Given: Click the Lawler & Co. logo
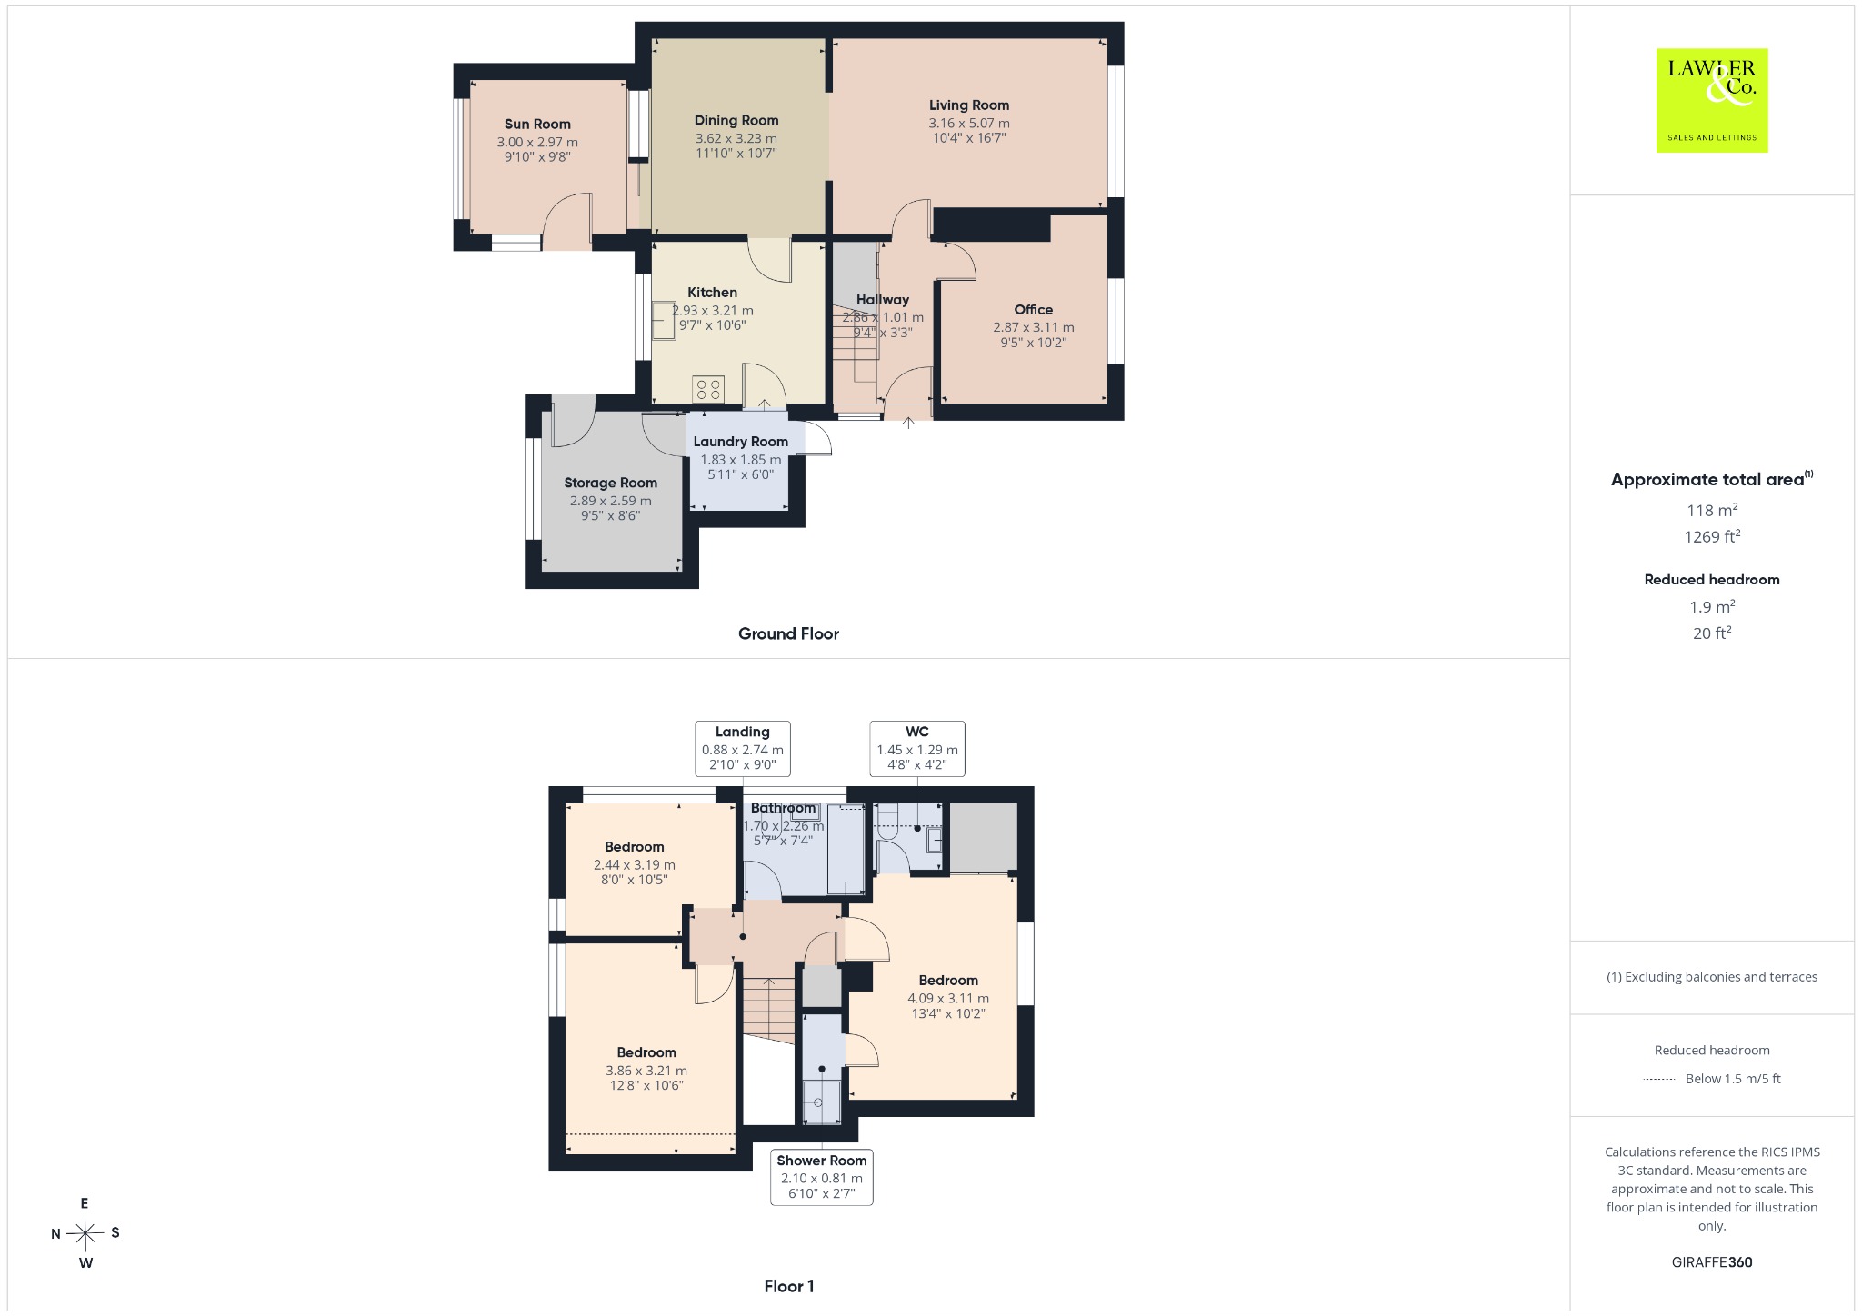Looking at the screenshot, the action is click(1712, 100).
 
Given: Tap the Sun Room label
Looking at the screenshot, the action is click(537, 125).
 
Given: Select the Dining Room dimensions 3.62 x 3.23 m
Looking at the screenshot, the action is click(736, 139).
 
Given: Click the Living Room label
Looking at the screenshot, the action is click(969, 105).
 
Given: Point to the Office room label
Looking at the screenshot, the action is click(1034, 310).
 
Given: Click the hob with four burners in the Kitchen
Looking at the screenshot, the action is click(708, 390).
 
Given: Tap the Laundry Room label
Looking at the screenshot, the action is click(741, 442).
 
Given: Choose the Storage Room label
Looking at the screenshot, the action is click(611, 484).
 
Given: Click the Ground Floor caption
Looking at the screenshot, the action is click(788, 634).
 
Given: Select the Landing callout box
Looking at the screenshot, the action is click(743, 749).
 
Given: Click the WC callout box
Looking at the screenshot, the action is click(917, 749).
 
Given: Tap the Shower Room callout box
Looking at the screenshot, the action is click(822, 1178).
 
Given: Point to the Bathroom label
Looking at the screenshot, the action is click(784, 808).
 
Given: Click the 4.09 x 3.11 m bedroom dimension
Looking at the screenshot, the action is click(948, 999).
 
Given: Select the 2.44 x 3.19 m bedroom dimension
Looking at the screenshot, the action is click(635, 865).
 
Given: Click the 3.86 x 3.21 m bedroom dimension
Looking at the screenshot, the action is click(646, 1072).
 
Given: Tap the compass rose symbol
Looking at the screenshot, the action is click(85, 1233).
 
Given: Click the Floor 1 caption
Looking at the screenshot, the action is click(789, 1287).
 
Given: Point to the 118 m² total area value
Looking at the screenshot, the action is click(1712, 510).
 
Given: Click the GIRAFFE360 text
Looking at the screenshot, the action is click(1712, 1262).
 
